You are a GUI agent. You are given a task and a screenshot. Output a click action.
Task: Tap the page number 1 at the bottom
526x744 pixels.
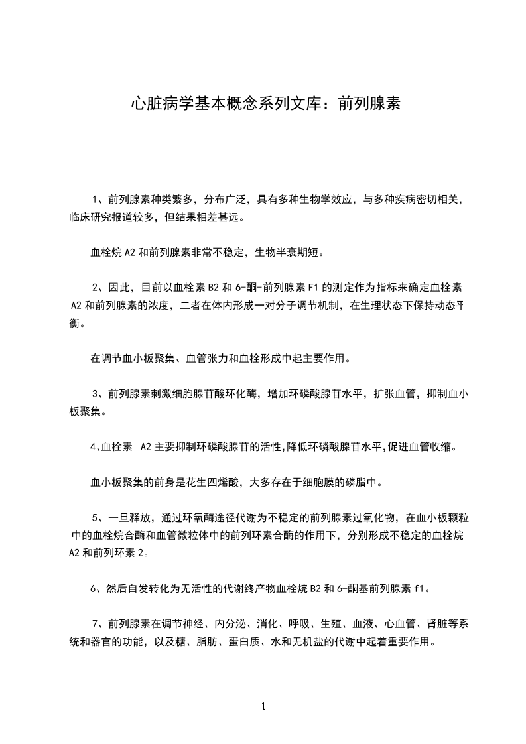tap(263, 706)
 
